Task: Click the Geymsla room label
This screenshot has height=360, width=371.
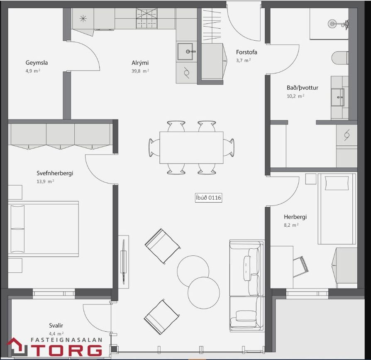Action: coord(37,63)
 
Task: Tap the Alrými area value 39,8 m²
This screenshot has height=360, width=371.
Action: coord(140,71)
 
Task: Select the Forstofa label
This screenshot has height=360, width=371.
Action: coord(247,52)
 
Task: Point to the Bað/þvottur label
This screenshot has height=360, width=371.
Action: coord(303,88)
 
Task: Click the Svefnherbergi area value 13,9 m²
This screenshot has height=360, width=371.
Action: coord(45,181)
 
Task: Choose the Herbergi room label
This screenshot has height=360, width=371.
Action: coord(295,217)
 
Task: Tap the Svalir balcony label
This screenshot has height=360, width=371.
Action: coord(56,326)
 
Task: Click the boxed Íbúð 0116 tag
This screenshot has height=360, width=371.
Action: coord(208,198)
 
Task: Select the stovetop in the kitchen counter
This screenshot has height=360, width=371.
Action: coord(146,18)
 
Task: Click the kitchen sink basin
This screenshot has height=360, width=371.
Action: coord(185,51)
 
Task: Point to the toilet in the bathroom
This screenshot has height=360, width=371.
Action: coord(340,58)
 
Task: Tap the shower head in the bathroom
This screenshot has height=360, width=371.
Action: coord(332,23)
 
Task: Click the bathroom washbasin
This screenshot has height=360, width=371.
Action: coord(338,97)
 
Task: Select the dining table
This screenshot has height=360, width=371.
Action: coord(191,147)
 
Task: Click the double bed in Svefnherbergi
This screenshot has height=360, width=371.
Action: coord(43,229)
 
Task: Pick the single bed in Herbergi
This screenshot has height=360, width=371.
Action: coord(337,209)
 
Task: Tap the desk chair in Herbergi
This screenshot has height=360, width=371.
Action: coord(300,267)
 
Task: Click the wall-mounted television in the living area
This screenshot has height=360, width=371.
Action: coord(124,262)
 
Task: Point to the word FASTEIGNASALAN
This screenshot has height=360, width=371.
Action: coord(67,340)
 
